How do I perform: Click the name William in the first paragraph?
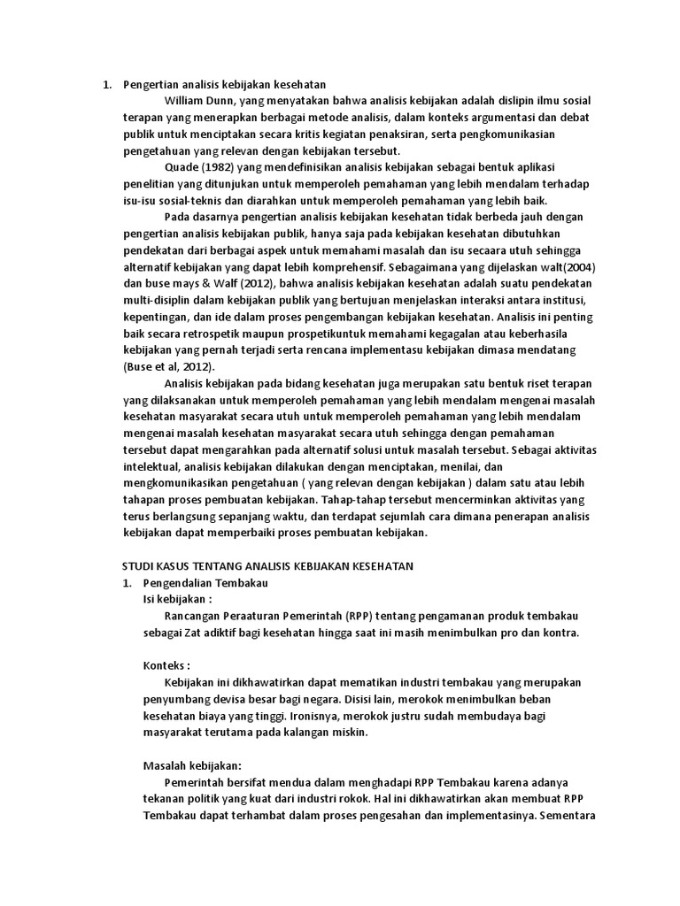[184, 101]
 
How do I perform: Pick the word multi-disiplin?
[156, 300]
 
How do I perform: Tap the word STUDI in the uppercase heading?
[136, 565]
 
